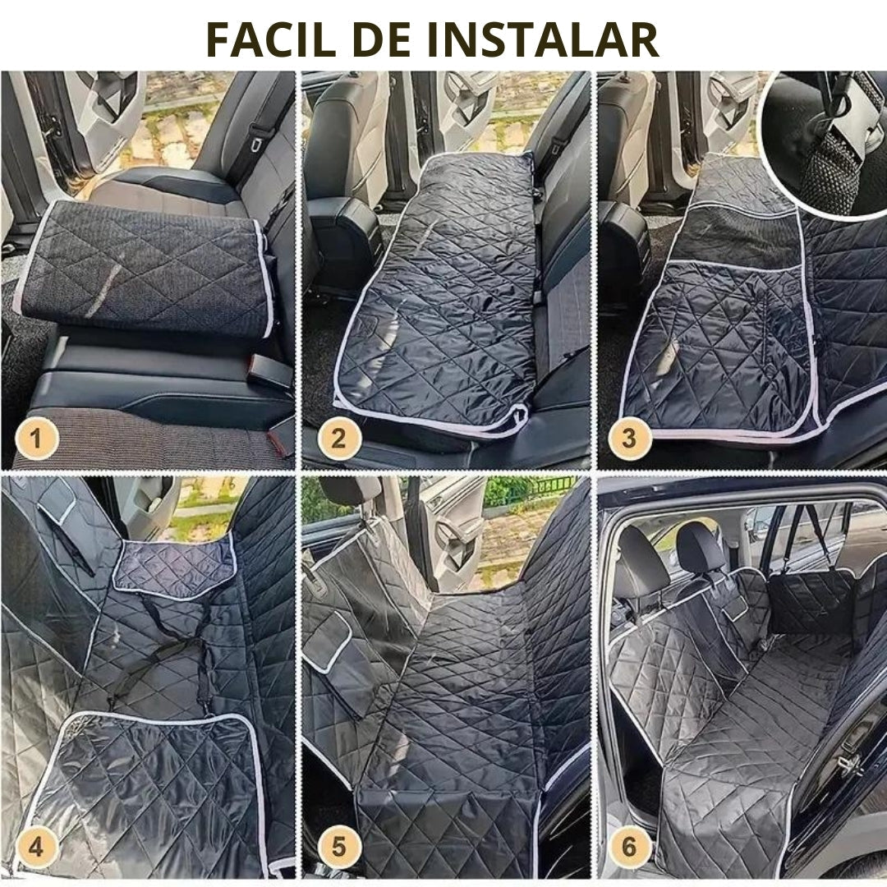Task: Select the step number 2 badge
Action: (338, 438)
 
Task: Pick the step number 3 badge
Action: (629, 438)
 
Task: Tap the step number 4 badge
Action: (36, 847)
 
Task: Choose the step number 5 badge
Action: (338, 847)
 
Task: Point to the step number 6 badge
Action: (629, 847)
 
